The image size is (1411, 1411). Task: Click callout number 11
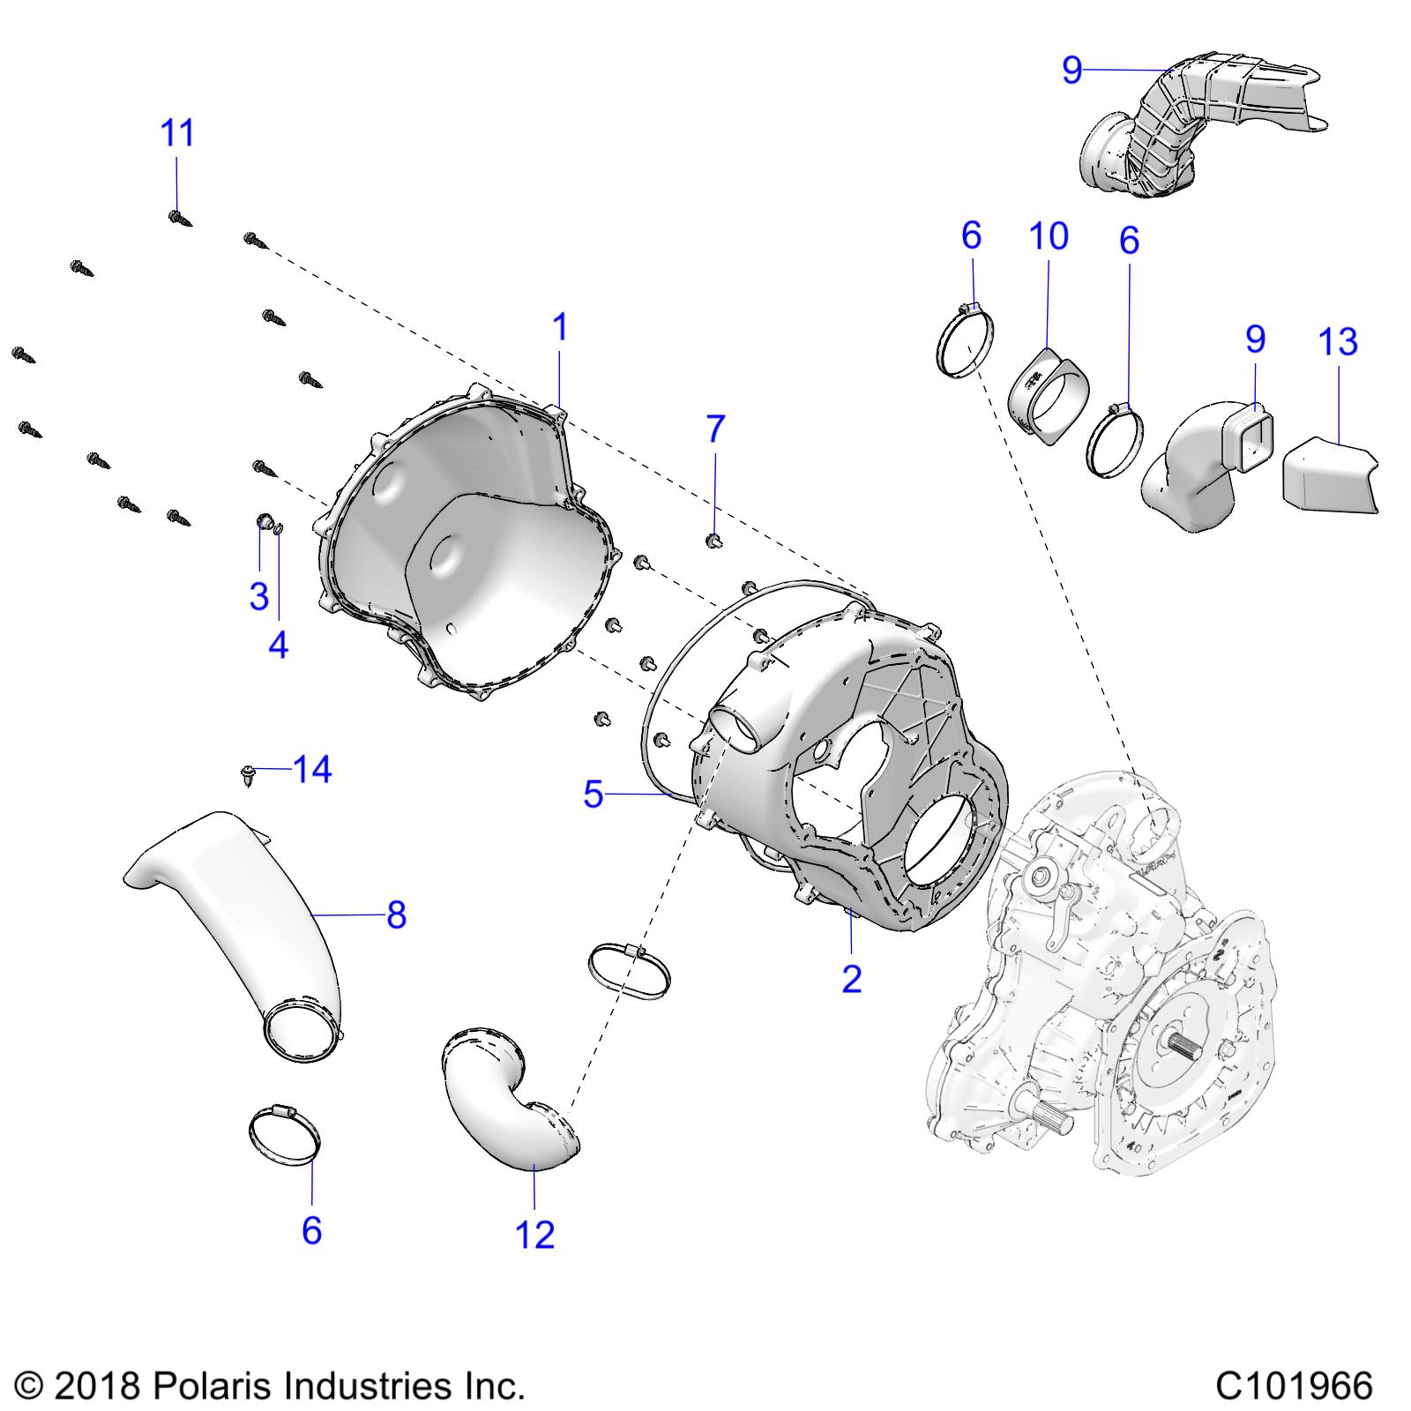click(176, 134)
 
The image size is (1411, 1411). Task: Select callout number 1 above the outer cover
click(559, 328)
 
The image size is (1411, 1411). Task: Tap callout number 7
click(715, 429)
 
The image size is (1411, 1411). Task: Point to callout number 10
click(1049, 236)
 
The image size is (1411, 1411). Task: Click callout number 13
click(1338, 342)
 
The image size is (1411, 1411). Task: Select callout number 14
click(312, 770)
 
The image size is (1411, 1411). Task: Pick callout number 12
click(534, 1235)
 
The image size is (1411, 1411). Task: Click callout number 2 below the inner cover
click(851, 978)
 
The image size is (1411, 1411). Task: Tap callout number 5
click(594, 795)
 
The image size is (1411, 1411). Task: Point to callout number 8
click(396, 915)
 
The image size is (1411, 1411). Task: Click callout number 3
click(258, 597)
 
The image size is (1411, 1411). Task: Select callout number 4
click(278, 646)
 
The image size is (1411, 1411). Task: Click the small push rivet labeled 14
click(247, 775)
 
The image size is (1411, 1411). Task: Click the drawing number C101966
click(1293, 1385)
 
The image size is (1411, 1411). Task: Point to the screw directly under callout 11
click(180, 216)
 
